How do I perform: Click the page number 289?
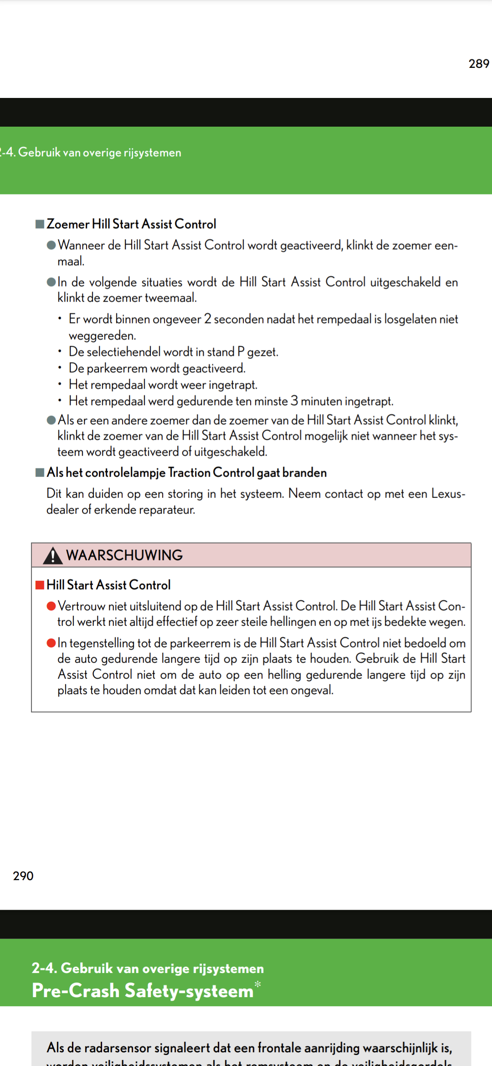[x=479, y=64]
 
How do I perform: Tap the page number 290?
[x=23, y=876]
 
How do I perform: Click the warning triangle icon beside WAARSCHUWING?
[x=53, y=556]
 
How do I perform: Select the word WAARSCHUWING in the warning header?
[x=124, y=555]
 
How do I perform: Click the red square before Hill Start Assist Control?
[x=40, y=585]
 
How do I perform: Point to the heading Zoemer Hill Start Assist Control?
[x=131, y=224]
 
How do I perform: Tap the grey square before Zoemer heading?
[x=40, y=224]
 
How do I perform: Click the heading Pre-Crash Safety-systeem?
[x=142, y=991]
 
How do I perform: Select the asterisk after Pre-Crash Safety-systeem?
[x=258, y=984]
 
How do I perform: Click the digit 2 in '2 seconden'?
[x=208, y=319]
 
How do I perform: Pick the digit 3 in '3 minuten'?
[x=294, y=401]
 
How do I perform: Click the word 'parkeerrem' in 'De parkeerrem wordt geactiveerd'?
[x=117, y=368]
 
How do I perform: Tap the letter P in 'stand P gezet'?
[x=241, y=352]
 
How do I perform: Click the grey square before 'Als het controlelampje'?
[x=40, y=472]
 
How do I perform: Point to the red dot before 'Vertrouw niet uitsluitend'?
[x=51, y=606]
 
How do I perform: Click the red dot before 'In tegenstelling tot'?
[x=51, y=643]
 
